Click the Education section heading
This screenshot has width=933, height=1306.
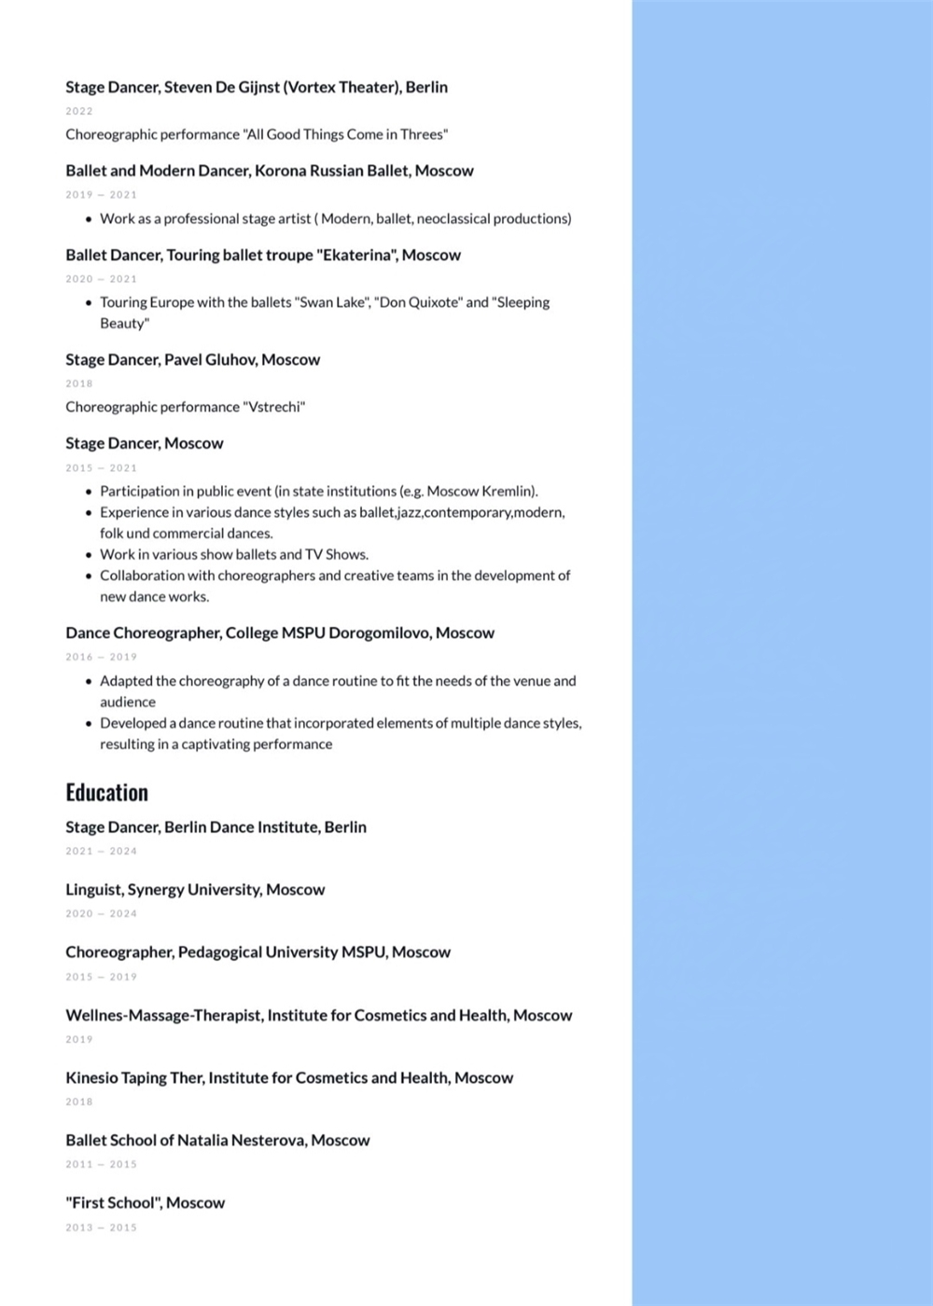pyautogui.click(x=106, y=792)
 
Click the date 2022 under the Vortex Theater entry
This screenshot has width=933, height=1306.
pyautogui.click(x=79, y=111)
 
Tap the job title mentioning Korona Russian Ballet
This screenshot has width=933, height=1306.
pyautogui.click(x=269, y=171)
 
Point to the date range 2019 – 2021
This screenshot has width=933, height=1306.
pyautogui.click(x=101, y=195)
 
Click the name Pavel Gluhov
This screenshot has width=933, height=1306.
pyautogui.click(x=210, y=359)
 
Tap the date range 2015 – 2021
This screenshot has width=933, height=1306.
pyautogui.click(x=101, y=468)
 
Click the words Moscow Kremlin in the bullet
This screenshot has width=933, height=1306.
pyautogui.click(x=480, y=491)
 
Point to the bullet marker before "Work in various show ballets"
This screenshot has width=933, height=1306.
pyautogui.click(x=89, y=555)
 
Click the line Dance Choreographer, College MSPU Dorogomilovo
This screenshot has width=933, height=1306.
pyautogui.click(x=279, y=632)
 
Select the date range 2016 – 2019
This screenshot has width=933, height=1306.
pyautogui.click(x=101, y=657)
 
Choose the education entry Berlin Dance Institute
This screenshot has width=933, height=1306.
pyautogui.click(x=216, y=827)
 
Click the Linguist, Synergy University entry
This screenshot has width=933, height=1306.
pyautogui.click(x=195, y=889)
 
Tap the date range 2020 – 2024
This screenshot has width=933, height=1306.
pyautogui.click(x=101, y=913)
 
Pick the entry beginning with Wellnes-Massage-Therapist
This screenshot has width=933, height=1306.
pyautogui.click(x=318, y=1015)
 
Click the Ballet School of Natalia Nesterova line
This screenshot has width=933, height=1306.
pyautogui.click(x=217, y=1140)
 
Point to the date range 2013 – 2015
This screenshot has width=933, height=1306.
pyautogui.click(x=101, y=1228)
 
